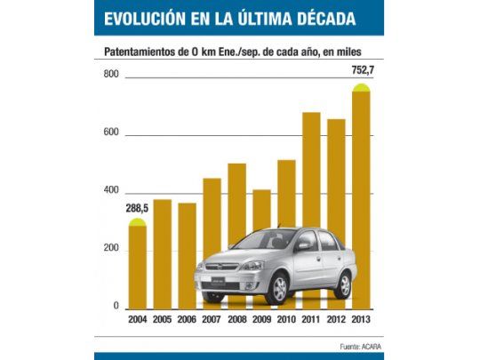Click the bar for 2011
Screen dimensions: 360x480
click(x=311, y=178)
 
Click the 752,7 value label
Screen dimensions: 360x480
click(x=361, y=70)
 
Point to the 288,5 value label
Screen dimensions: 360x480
click(x=137, y=209)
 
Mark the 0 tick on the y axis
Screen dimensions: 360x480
click(x=116, y=307)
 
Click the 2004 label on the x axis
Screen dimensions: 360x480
click(x=137, y=321)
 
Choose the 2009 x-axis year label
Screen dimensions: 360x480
click(x=261, y=321)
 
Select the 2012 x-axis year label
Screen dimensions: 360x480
click(x=336, y=321)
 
